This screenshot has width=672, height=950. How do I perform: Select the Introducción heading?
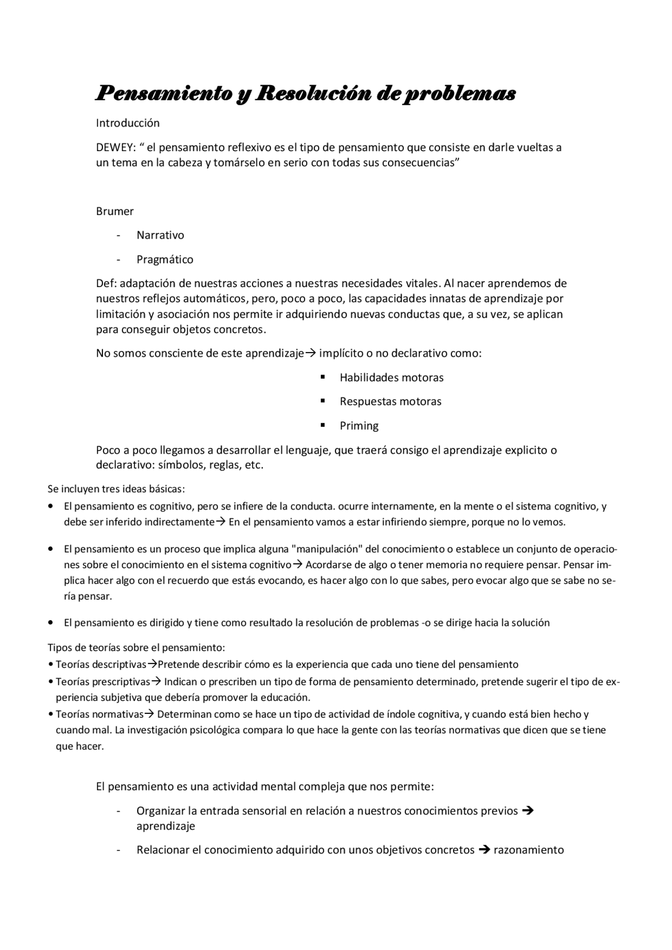point(128,123)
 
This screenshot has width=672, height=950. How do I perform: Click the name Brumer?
point(114,211)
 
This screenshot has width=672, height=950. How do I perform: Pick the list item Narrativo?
point(160,236)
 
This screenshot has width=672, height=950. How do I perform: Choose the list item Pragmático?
point(165,260)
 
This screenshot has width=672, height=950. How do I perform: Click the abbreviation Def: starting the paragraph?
point(107,284)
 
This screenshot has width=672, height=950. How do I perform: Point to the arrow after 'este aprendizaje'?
point(310,353)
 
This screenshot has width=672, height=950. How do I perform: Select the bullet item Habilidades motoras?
point(391,378)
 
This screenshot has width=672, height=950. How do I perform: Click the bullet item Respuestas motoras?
point(390,402)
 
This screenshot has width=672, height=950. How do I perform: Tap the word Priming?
point(359,426)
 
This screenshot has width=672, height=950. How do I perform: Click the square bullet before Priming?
point(323,425)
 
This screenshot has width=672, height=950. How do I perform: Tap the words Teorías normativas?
point(99,714)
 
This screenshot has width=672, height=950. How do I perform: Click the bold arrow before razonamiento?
point(485,850)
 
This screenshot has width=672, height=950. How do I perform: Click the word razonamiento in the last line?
point(528,850)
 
